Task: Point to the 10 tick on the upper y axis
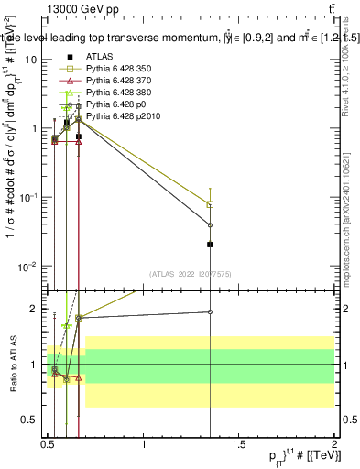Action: (x=30, y=59)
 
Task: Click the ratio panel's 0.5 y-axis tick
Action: (x=29, y=420)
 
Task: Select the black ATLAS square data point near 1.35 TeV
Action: (x=211, y=245)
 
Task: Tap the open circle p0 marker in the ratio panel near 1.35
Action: (x=211, y=312)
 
